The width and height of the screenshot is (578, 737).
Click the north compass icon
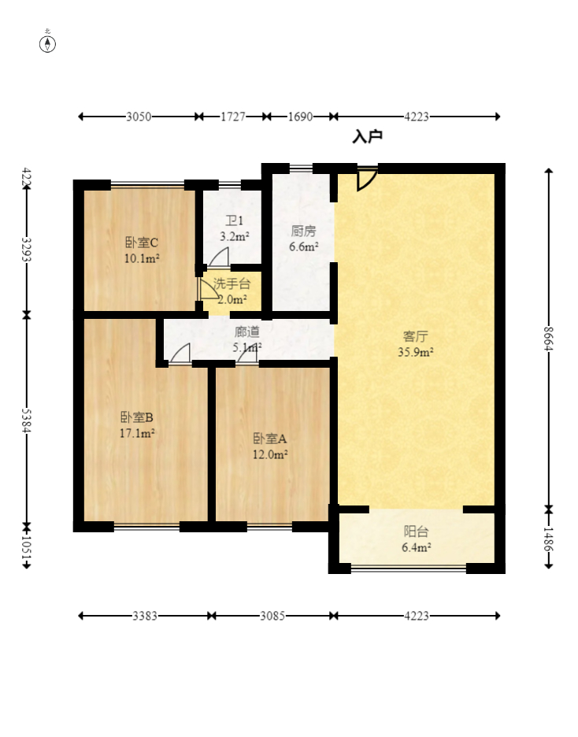click(47, 44)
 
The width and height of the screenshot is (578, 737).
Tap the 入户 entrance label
click(368, 136)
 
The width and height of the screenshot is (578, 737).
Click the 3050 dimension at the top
click(139, 117)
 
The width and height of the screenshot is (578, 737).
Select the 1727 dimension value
click(233, 117)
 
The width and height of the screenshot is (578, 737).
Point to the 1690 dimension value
click(300, 117)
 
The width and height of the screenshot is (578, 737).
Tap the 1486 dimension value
click(548, 539)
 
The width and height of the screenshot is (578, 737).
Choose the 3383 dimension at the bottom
click(145, 616)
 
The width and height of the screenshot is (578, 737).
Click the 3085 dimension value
click(272, 616)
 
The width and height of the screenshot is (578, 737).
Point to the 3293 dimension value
click(27, 250)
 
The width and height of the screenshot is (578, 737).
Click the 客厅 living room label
click(416, 336)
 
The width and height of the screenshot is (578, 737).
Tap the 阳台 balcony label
click(416, 531)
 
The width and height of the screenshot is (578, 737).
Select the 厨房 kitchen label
click(303, 231)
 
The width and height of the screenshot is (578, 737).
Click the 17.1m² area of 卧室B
click(137, 433)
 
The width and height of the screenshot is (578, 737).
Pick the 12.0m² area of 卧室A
click(270, 454)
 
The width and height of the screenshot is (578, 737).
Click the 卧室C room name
click(142, 243)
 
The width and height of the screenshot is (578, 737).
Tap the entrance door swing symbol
click(367, 179)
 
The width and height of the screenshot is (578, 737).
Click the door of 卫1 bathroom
click(219, 257)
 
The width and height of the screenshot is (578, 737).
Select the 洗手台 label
click(232, 284)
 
